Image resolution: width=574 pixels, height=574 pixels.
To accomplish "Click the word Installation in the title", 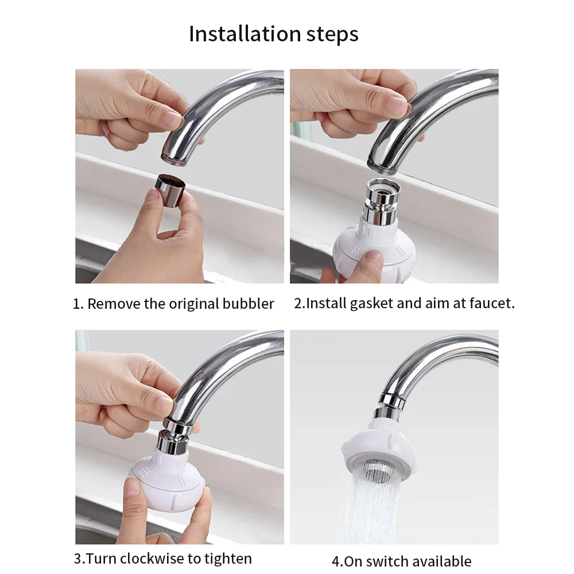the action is coord(245,34).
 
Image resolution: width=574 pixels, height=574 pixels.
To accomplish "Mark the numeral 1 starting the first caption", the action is coord(76,304).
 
